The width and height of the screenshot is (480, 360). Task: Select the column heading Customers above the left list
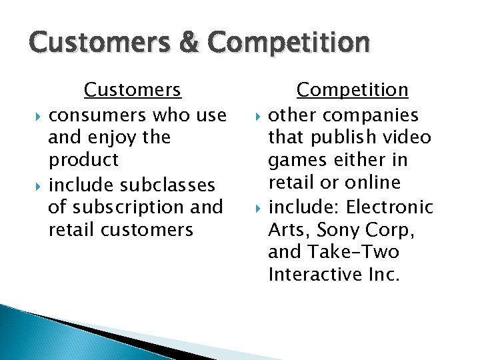132,89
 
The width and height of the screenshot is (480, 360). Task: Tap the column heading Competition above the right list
352,89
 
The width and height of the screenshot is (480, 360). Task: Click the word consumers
98,115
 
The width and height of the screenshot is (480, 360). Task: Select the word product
83,161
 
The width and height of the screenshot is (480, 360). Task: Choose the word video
409,138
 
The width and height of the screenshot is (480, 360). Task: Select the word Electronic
391,207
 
